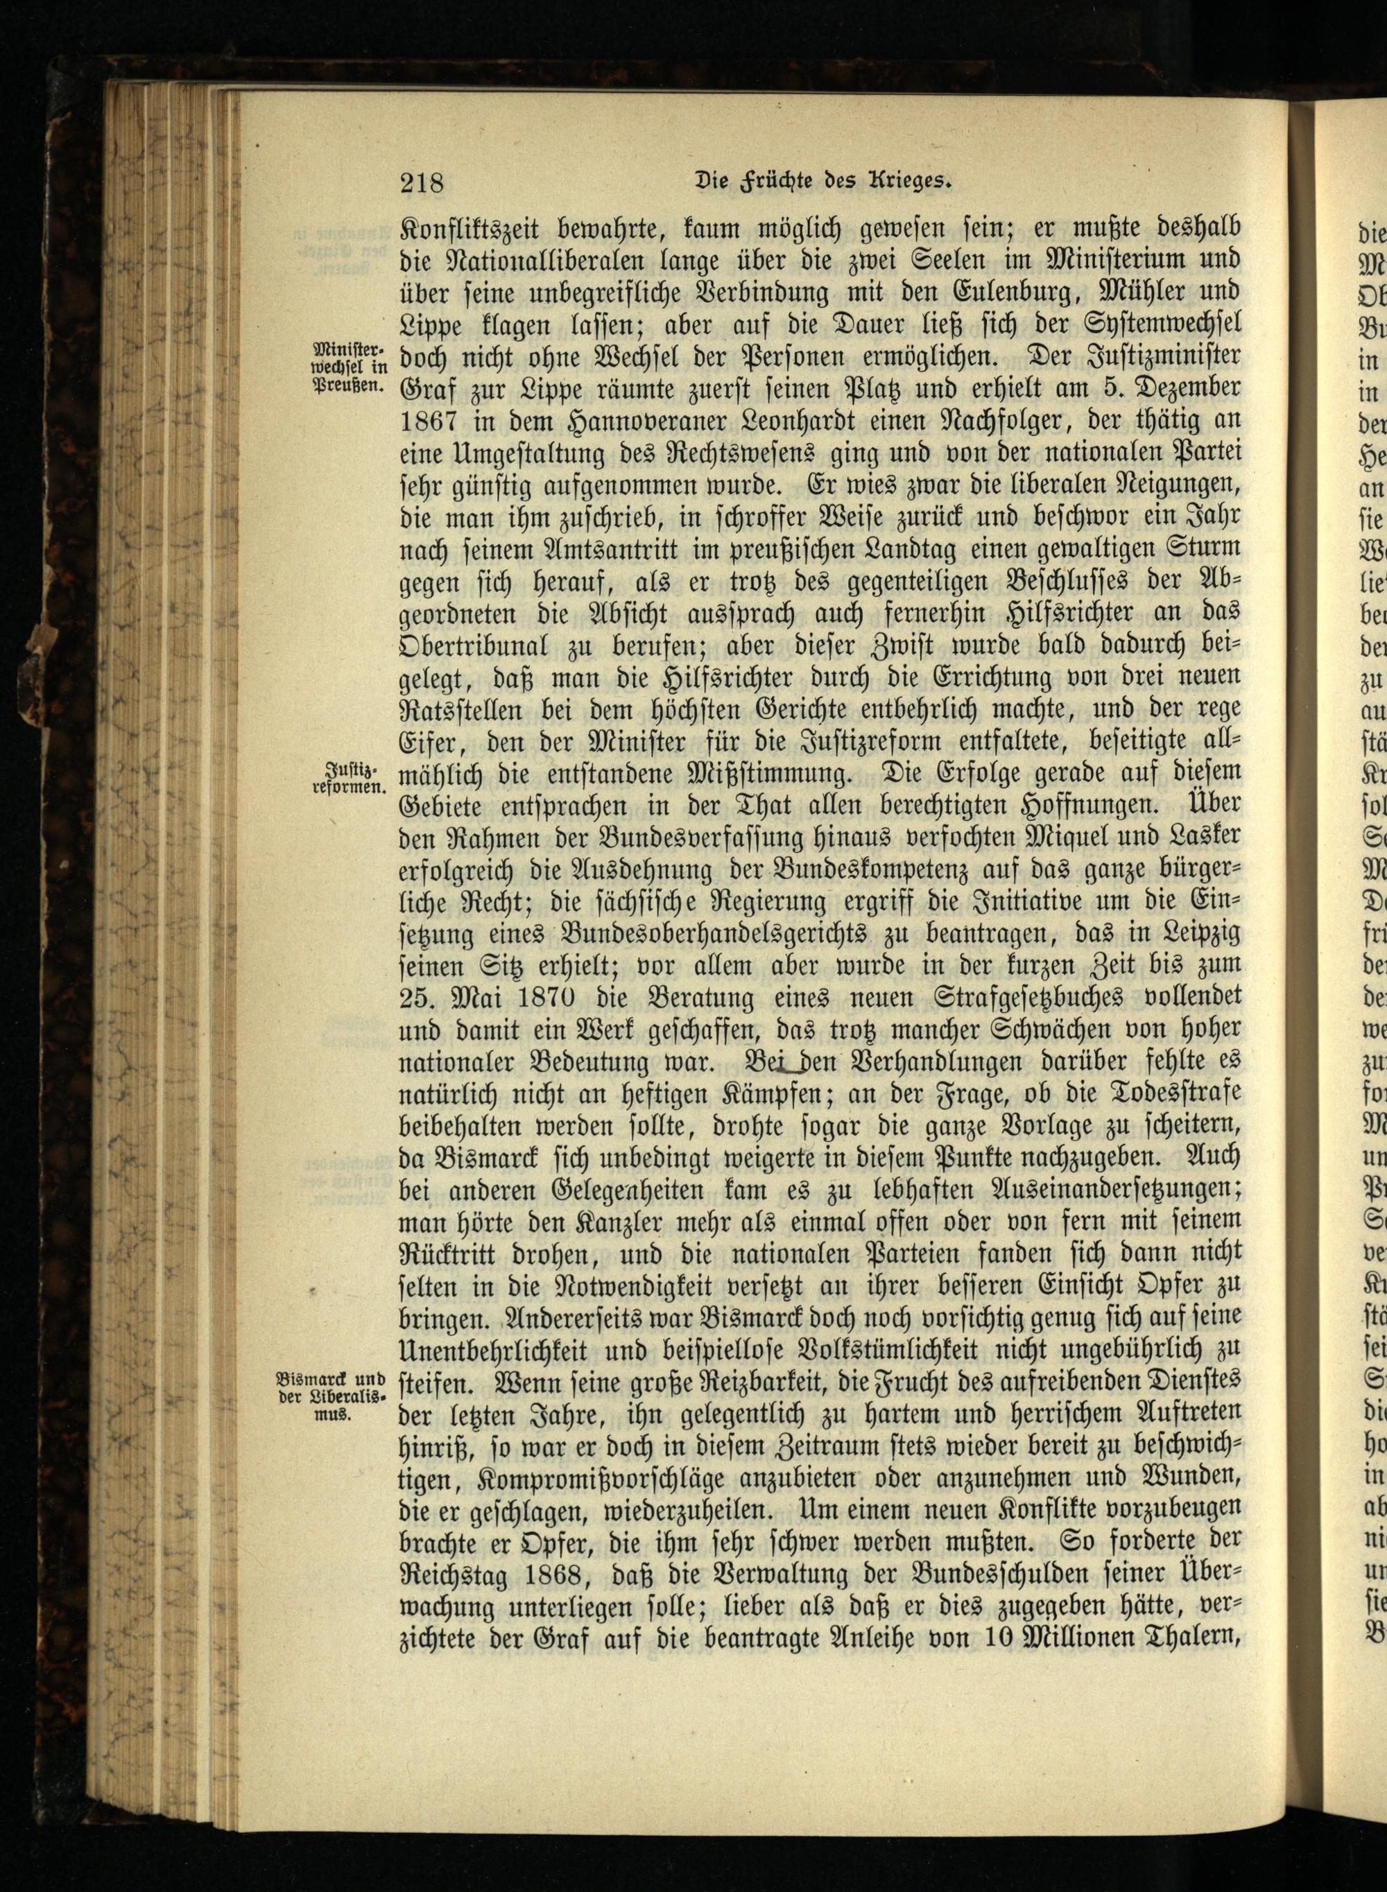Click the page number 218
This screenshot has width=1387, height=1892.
click(422, 182)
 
